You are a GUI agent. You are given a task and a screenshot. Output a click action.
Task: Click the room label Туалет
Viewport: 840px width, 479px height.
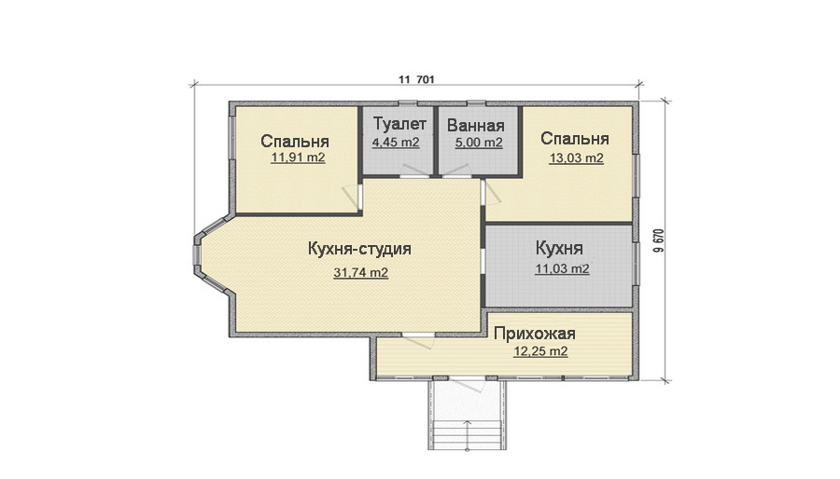click(399, 125)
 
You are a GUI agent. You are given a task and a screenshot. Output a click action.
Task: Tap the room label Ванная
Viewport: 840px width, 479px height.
click(475, 127)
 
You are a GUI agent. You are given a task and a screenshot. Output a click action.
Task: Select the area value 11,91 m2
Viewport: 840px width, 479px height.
click(298, 158)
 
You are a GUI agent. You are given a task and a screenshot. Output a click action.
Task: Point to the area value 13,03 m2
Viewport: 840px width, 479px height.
click(576, 158)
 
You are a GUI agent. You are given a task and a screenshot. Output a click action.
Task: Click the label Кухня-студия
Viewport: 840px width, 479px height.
click(359, 250)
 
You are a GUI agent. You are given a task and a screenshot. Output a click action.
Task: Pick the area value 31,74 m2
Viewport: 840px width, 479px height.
click(360, 273)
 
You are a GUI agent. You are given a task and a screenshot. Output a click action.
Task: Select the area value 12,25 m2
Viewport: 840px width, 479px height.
click(541, 352)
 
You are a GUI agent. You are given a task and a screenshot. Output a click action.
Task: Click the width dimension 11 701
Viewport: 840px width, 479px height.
click(417, 79)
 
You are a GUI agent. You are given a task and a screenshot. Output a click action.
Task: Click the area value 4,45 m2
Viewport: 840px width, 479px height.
click(396, 144)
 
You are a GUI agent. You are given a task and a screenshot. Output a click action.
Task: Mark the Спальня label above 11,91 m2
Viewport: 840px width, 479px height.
click(295, 142)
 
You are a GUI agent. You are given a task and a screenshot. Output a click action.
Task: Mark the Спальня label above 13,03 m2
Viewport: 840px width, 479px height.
click(575, 139)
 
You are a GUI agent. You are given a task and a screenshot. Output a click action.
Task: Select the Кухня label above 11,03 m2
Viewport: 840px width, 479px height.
click(560, 250)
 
